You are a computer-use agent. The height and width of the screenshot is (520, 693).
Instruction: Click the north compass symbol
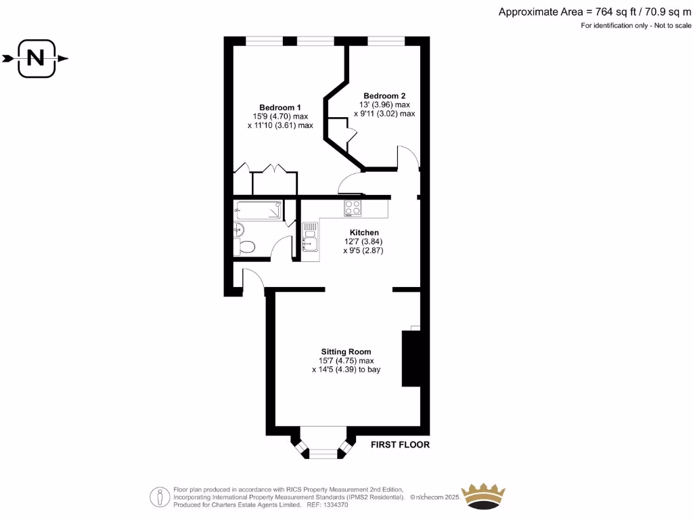click(36, 59)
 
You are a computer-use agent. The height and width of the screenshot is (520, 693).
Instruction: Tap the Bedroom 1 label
click(280, 108)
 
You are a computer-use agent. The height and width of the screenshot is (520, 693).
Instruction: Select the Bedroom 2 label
click(384, 95)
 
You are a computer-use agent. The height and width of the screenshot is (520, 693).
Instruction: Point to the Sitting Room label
click(346, 351)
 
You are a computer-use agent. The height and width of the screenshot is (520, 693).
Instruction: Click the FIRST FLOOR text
click(399, 445)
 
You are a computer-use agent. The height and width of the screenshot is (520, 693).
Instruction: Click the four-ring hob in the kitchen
click(353, 207)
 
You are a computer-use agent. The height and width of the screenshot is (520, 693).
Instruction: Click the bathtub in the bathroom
click(258, 211)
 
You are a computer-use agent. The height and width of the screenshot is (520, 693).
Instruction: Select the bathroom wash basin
click(238, 230)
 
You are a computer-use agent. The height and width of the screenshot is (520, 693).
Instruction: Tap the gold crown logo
click(483, 496)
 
